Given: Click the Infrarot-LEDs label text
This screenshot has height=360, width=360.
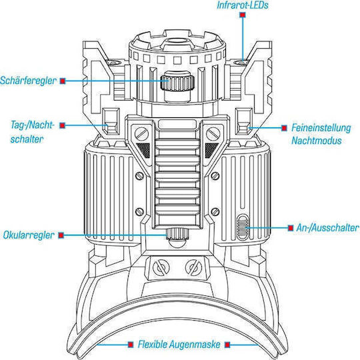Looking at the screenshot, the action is tap(243, 5).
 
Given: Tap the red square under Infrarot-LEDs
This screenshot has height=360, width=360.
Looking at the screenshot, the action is tap(243, 15).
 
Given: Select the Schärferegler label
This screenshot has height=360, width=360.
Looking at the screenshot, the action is tap(28, 81).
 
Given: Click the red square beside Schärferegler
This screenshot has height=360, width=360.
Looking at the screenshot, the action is tap(63, 81).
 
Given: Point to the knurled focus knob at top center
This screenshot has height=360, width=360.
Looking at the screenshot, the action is tap(177, 83).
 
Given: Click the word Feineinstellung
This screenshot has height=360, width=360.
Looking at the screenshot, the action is tap(321, 127).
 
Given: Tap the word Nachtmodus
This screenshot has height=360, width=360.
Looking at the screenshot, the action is tap(317, 141).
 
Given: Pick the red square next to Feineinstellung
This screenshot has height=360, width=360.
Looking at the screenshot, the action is tap(284, 128).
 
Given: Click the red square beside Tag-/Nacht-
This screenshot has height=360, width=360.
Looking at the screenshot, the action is tap(62, 125).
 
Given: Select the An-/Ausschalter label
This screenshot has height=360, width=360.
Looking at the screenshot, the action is tap(327, 228).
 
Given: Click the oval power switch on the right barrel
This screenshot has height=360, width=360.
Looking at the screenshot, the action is tap(242, 227).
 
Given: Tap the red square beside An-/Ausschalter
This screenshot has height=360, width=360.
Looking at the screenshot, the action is tap(291, 228).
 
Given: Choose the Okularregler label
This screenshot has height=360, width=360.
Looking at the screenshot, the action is tap(29, 235).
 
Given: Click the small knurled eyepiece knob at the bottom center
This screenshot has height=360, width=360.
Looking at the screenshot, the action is tap(177, 234).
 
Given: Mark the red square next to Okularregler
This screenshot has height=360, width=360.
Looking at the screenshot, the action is tap(61, 235).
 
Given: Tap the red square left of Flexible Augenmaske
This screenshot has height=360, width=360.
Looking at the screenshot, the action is tap(131, 345).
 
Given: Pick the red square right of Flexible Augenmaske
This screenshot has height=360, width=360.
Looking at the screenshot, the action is tap(227, 345).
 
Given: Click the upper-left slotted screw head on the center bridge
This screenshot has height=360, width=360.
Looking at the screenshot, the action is tap(141, 133).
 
